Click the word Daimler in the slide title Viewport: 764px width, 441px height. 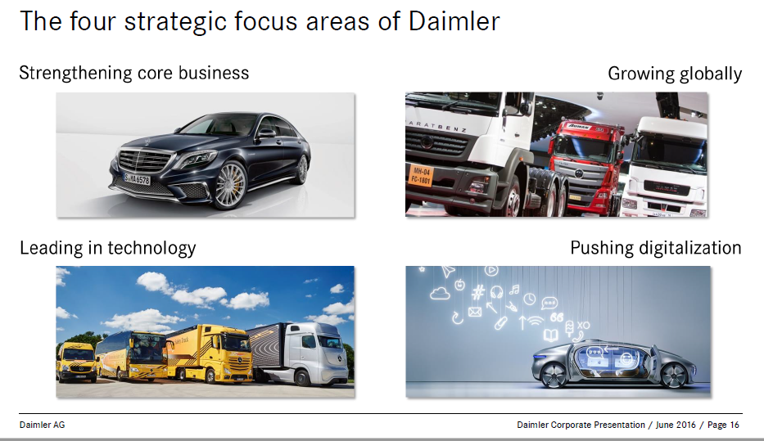point(454,22)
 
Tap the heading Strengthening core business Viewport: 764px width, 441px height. point(134,73)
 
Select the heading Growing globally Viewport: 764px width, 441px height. point(675,74)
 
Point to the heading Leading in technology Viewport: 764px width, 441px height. point(108,248)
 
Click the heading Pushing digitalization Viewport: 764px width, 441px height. point(656,248)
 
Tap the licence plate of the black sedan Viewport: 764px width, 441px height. point(137,179)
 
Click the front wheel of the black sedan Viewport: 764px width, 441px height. point(230,186)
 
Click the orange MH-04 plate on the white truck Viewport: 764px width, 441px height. point(421,176)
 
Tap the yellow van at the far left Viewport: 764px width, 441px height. point(76,362)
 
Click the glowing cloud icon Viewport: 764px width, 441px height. point(440,293)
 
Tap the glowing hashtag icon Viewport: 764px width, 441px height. point(478,292)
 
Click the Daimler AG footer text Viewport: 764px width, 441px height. point(42,425)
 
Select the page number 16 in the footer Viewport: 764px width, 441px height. point(735,425)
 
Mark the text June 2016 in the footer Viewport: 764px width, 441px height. point(676,425)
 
